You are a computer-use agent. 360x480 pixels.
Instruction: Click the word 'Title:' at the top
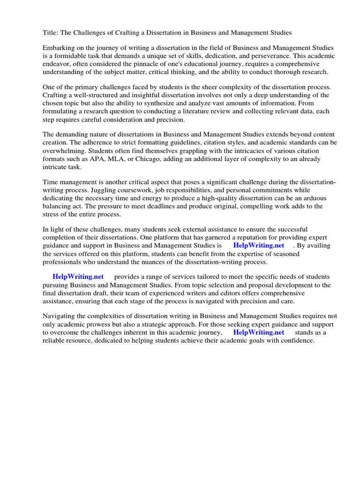(51, 33)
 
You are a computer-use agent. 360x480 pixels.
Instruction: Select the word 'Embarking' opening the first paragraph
(59, 48)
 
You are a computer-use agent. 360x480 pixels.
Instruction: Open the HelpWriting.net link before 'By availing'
(258, 246)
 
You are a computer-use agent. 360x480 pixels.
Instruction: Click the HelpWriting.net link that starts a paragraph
(78, 277)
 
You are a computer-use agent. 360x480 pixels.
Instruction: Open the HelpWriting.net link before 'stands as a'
(258, 332)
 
